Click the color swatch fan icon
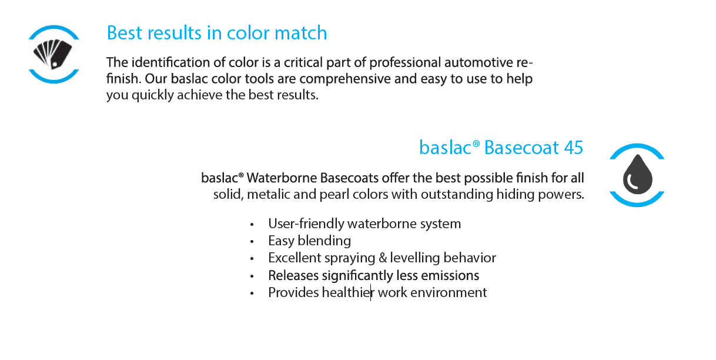click(53, 54)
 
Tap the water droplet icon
click(637, 175)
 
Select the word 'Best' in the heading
click(125, 32)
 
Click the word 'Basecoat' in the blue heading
click(521, 148)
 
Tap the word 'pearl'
click(334, 194)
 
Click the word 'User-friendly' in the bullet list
click(306, 224)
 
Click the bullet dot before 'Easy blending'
click(252, 242)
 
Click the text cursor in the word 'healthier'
click(371, 292)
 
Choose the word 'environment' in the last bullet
click(449, 292)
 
